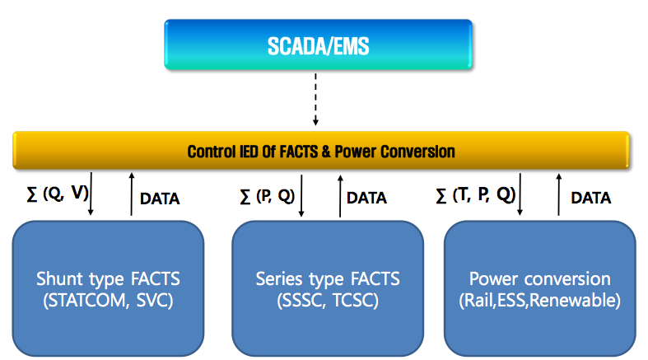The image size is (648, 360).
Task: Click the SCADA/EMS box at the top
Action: tap(318, 46)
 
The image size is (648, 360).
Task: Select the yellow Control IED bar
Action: tap(321, 152)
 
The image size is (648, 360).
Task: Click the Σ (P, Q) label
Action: tap(264, 195)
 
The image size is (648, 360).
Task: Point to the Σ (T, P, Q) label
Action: tap(476, 195)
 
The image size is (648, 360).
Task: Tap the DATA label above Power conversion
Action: tap(590, 198)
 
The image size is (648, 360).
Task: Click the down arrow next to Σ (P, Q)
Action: tap(301, 194)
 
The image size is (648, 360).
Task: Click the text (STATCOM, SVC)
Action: tap(110, 301)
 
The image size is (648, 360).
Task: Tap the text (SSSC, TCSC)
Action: tap(328, 301)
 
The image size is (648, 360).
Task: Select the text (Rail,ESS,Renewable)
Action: tap(539, 301)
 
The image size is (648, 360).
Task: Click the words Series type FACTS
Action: tap(328, 278)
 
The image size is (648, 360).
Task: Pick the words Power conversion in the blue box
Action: tap(539, 278)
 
